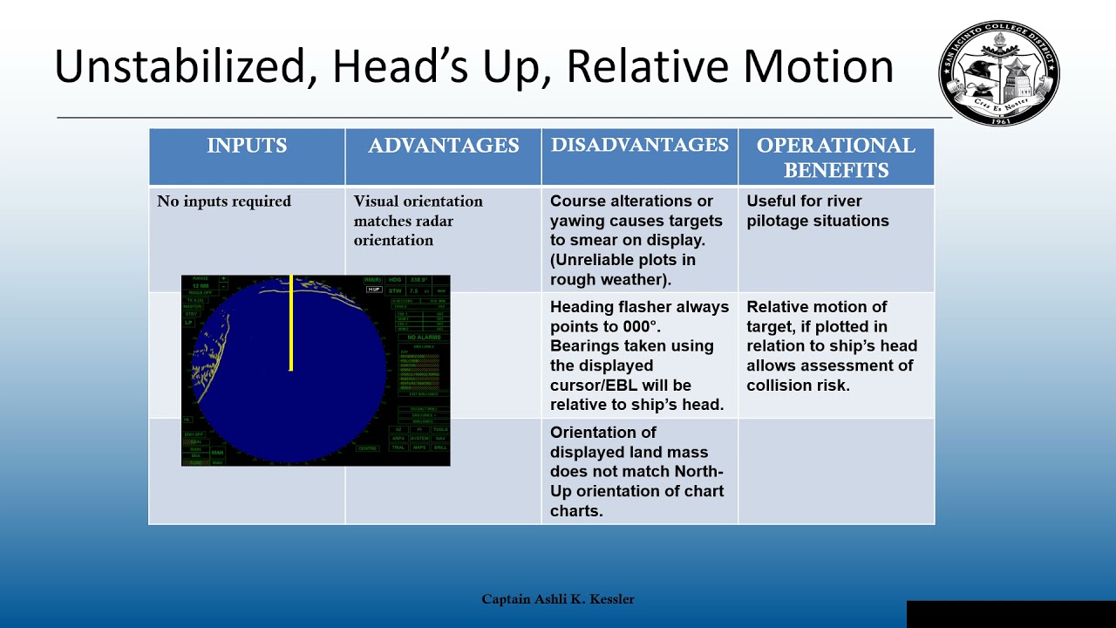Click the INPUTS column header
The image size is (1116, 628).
tap(247, 146)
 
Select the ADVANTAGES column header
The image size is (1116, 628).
tap(443, 146)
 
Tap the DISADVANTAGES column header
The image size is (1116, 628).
tap(639, 146)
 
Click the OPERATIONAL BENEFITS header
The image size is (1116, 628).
tap(835, 157)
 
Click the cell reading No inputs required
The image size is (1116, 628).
tap(224, 201)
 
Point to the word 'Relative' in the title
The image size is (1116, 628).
tap(667, 66)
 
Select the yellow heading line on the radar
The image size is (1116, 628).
tap(290, 324)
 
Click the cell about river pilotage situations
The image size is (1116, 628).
tap(817, 211)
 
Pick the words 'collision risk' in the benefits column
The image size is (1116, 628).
tap(797, 385)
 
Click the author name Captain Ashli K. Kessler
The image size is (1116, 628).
tap(558, 599)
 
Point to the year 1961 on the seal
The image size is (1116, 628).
tap(999, 119)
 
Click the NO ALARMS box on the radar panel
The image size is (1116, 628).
tap(423, 337)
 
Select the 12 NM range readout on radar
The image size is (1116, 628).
tap(200, 286)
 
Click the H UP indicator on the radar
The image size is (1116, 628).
tap(374, 289)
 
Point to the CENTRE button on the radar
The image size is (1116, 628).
tap(367, 448)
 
